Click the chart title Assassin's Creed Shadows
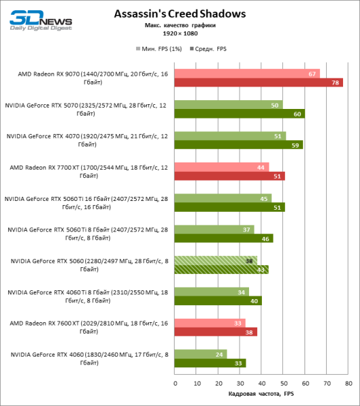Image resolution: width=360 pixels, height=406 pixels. [x=180, y=14]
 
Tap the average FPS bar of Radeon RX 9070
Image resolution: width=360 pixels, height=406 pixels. [x=258, y=83]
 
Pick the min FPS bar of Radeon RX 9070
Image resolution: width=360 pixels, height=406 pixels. [x=247, y=74]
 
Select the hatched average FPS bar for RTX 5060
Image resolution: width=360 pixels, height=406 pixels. [x=221, y=269]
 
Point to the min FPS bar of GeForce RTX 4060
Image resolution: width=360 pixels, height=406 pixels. [x=200, y=353]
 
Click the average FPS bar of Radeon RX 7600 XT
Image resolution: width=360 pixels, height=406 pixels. [x=216, y=332]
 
